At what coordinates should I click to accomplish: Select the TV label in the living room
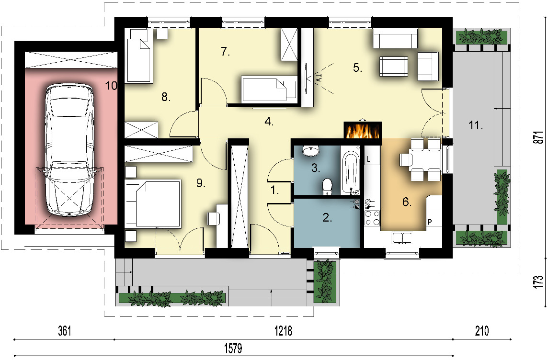coord(318,78)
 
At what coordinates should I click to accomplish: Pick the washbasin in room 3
coord(310,150)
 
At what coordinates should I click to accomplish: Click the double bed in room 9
coord(153,203)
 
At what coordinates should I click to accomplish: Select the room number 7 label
coord(226,52)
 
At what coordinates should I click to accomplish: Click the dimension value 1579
coord(233,348)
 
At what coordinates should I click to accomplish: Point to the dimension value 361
coord(65,331)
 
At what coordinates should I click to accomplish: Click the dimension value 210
coord(482,331)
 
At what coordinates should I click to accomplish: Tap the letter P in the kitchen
coord(430,222)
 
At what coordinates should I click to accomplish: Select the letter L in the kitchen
coord(368,160)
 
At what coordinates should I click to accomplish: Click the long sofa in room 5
coord(396,38)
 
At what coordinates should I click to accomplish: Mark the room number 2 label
coord(327,217)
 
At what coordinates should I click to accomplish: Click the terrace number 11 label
coord(476,125)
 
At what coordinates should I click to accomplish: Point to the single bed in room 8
coord(139,56)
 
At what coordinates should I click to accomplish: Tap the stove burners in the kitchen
coord(372,218)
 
